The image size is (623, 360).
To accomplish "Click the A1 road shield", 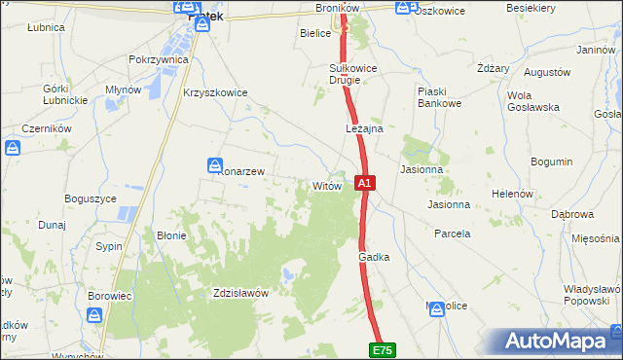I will coord(364,182).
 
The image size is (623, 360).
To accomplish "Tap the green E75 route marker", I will coord(383,349).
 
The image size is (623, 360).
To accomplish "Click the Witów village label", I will coord(325,185).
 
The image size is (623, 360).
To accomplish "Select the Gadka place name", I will coord(374,257).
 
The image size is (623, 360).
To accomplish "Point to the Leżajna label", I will coord(364,128).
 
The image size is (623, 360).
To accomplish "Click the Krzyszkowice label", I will coord(215,93).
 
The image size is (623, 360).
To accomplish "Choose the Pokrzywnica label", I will coord(158,59).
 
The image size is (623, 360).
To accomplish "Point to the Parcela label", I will coord(453,234).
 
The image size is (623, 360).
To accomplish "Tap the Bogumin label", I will coord(552,162).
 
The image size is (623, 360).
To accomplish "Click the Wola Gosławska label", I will coord(531,101).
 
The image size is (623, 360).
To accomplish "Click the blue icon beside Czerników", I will coord(13,149).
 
